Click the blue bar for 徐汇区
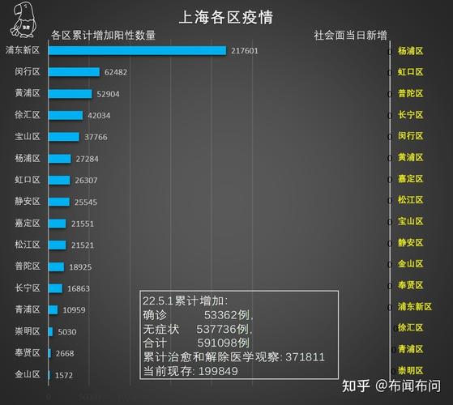65,115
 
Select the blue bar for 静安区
58,202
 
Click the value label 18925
80,266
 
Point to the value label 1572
64,375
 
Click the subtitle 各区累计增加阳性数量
103,36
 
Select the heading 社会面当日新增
350,36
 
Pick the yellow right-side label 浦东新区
415,307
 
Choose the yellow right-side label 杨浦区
410,50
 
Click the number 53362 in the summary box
220,315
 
